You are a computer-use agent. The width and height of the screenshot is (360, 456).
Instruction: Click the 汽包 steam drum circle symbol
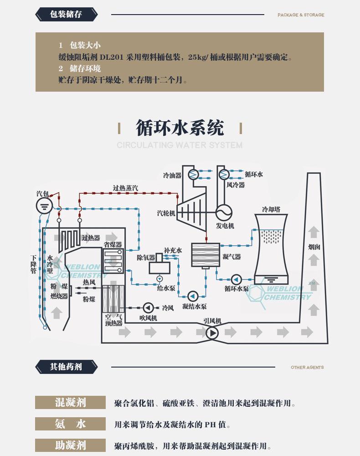point(44,206)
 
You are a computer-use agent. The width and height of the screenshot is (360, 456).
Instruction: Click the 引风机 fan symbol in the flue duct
point(212,333)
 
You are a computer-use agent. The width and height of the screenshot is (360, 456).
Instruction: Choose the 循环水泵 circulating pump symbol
point(236,279)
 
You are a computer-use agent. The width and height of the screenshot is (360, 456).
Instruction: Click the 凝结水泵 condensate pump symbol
point(193,295)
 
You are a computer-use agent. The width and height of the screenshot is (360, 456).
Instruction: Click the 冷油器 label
point(172,175)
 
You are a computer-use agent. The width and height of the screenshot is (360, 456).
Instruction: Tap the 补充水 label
point(173,250)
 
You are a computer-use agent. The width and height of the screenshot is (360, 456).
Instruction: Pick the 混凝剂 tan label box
point(70,403)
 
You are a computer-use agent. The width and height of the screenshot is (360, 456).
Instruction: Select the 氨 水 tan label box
point(70,424)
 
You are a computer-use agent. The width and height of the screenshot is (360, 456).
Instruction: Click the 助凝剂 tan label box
point(70,445)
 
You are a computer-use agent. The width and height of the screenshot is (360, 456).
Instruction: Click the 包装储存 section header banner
point(67,15)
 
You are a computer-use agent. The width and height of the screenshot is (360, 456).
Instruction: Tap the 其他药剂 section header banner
point(67,367)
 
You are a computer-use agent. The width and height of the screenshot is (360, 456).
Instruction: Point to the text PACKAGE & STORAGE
point(301,15)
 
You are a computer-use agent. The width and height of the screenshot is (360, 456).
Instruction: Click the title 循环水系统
point(180,128)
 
